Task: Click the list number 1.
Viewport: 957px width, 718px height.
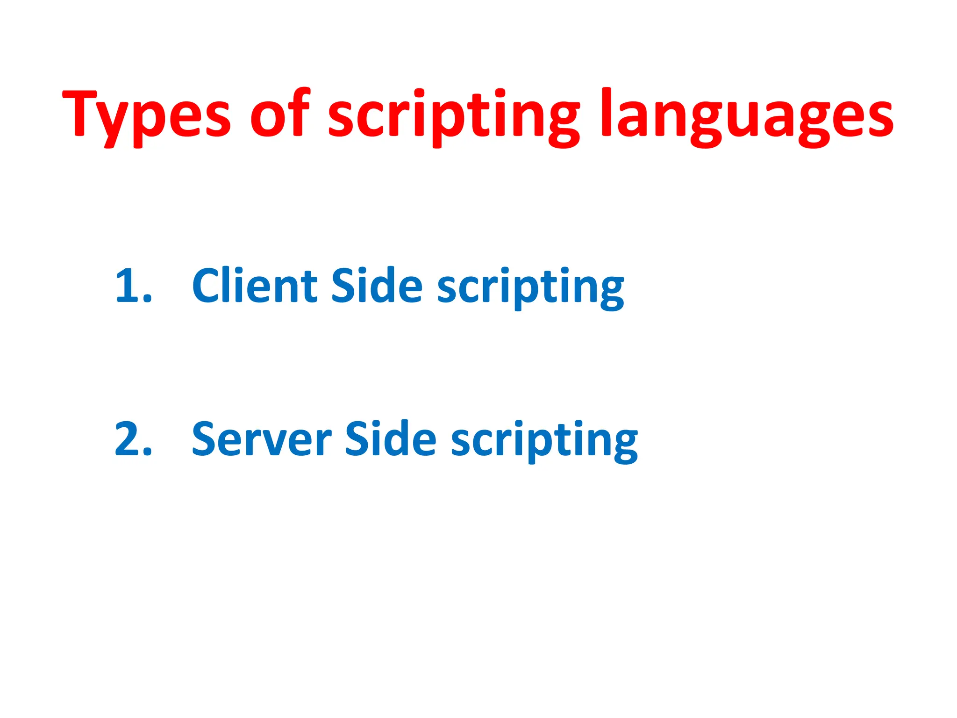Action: pyautogui.click(x=133, y=286)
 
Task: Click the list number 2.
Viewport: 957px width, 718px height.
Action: pyautogui.click(x=133, y=439)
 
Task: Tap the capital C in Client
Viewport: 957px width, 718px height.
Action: pyautogui.click(x=207, y=286)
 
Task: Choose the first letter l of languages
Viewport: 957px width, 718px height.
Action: pyautogui.click(x=607, y=112)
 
